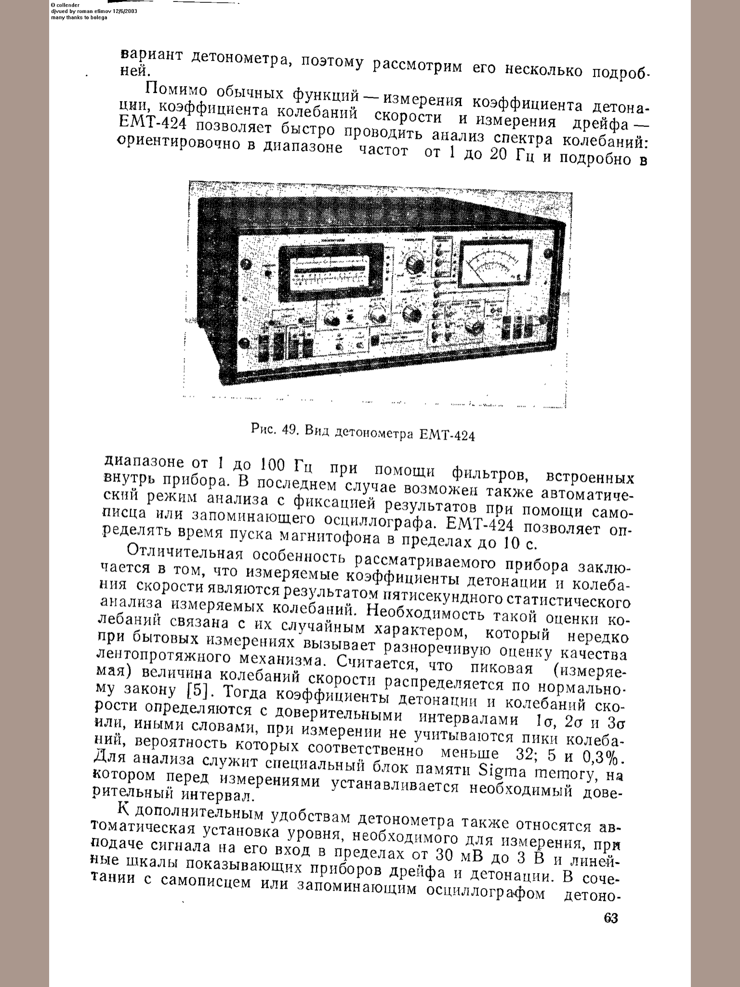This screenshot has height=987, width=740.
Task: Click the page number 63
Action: (x=610, y=918)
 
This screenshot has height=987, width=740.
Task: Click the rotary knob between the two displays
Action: (x=414, y=264)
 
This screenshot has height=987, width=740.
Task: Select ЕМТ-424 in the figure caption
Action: (x=448, y=436)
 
